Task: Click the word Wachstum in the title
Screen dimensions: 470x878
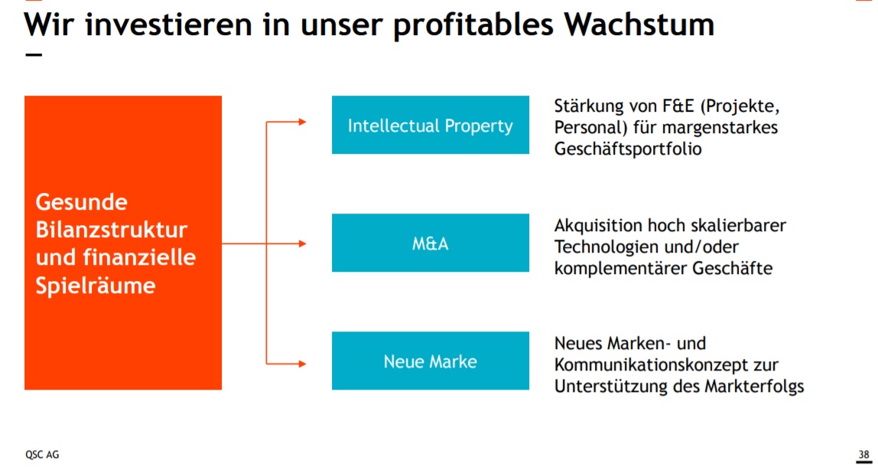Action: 639,24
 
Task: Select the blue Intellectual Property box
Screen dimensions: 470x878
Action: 430,125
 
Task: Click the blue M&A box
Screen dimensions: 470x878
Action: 430,243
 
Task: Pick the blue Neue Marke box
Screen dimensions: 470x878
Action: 430,361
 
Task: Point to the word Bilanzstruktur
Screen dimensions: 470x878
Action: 112,230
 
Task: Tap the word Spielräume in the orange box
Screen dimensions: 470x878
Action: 96,286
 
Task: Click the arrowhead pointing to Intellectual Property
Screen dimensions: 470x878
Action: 302,122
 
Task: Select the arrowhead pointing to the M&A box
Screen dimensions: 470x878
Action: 302,243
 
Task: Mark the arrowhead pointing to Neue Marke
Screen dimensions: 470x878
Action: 302,362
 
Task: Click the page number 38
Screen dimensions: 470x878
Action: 863,454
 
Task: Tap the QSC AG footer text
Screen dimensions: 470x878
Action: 42,454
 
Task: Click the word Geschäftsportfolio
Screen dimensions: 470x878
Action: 627,149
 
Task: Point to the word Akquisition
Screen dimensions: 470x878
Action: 598,226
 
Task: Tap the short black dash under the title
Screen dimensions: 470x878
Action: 33,55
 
